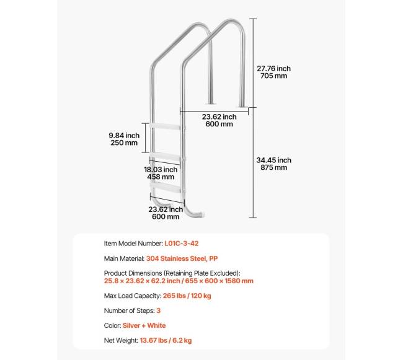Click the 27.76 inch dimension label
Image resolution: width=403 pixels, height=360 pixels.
click(273, 69)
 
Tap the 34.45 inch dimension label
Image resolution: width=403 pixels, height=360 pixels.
click(273, 160)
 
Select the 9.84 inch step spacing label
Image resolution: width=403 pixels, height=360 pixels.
click(123, 135)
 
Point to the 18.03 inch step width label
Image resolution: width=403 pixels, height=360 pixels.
click(162, 169)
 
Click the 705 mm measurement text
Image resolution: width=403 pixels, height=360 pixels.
click(273, 76)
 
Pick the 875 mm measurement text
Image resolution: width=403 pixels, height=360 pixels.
click(273, 167)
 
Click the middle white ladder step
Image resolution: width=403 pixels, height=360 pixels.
click(166, 155)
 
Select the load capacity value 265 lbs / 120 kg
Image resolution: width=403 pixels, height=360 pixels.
click(187, 296)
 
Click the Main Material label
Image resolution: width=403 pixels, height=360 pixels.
click(124, 258)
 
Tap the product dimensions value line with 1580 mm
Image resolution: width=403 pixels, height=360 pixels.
click(179, 281)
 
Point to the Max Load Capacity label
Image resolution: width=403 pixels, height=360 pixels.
click(133, 296)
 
